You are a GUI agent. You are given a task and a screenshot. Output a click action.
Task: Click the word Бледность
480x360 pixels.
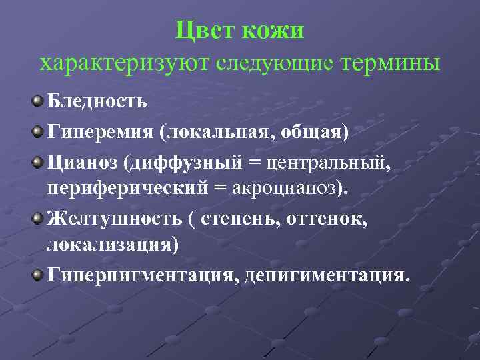coord(97,102)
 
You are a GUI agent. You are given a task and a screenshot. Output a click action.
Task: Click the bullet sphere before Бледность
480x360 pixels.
coord(39,101)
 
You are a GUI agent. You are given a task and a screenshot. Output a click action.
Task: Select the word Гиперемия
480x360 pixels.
coord(99,131)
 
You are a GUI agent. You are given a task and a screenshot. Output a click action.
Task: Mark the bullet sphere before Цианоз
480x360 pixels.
coord(39,159)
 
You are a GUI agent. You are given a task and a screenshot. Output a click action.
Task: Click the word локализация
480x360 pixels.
coord(112,245)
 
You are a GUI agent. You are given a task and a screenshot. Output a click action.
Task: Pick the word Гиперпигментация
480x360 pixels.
coord(142,275)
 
